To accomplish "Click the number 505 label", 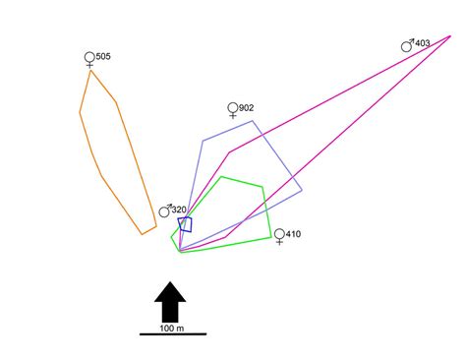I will (104, 57).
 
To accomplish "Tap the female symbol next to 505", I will (90, 59).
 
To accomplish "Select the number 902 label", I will (247, 107).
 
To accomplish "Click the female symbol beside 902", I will (233, 109).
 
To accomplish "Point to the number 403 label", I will (423, 43).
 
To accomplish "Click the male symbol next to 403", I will (407, 44).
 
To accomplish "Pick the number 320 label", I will (180, 210).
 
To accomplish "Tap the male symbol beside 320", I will (165, 210).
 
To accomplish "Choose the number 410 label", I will (294, 233).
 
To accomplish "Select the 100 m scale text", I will (171, 328).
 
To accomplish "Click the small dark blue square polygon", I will (185, 224).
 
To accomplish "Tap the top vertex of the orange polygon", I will (91, 70).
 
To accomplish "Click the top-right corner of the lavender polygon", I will (254, 121).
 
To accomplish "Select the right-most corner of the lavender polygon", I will (302, 190).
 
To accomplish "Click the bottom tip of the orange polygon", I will (144, 234).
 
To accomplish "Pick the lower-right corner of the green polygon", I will (271, 237).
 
